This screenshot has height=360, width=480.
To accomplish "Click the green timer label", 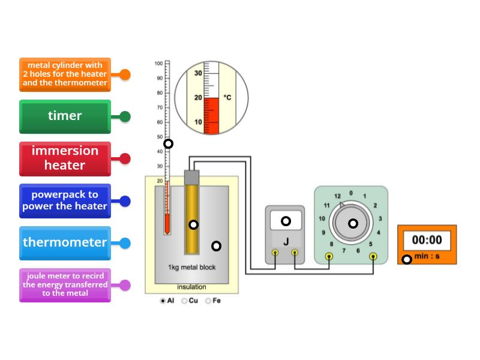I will pos(65,116).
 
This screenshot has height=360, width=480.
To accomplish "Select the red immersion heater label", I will pos(65,158).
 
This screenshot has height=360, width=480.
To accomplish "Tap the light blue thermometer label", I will pos(65,242).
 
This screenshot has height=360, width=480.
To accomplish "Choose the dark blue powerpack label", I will pos(65,200).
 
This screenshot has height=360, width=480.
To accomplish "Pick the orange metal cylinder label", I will pos(65,74).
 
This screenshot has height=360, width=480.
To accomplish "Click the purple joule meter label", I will pos(65,285).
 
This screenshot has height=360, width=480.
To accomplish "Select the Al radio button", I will pos(163,301).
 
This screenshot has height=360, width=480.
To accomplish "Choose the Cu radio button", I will pos(184,301).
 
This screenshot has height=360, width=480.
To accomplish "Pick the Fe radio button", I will pos(208,301).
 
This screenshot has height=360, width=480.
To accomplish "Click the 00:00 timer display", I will pos(427,240).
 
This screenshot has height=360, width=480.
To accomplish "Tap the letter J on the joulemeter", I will pos(286,242).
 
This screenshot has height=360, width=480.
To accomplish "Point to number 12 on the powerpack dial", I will pos(337,196).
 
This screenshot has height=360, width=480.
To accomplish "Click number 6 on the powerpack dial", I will pos(358,251).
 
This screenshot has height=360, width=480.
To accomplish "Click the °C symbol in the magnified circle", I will pos(227,97).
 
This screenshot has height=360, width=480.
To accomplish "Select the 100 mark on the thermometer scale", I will pos(158,63).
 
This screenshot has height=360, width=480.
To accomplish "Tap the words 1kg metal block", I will pos(192,267).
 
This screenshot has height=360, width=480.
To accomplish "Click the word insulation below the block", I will pos(191,287).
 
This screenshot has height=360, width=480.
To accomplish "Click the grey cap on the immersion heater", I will pos(191,177).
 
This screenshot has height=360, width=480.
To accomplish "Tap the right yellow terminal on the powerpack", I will pos(373,256).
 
